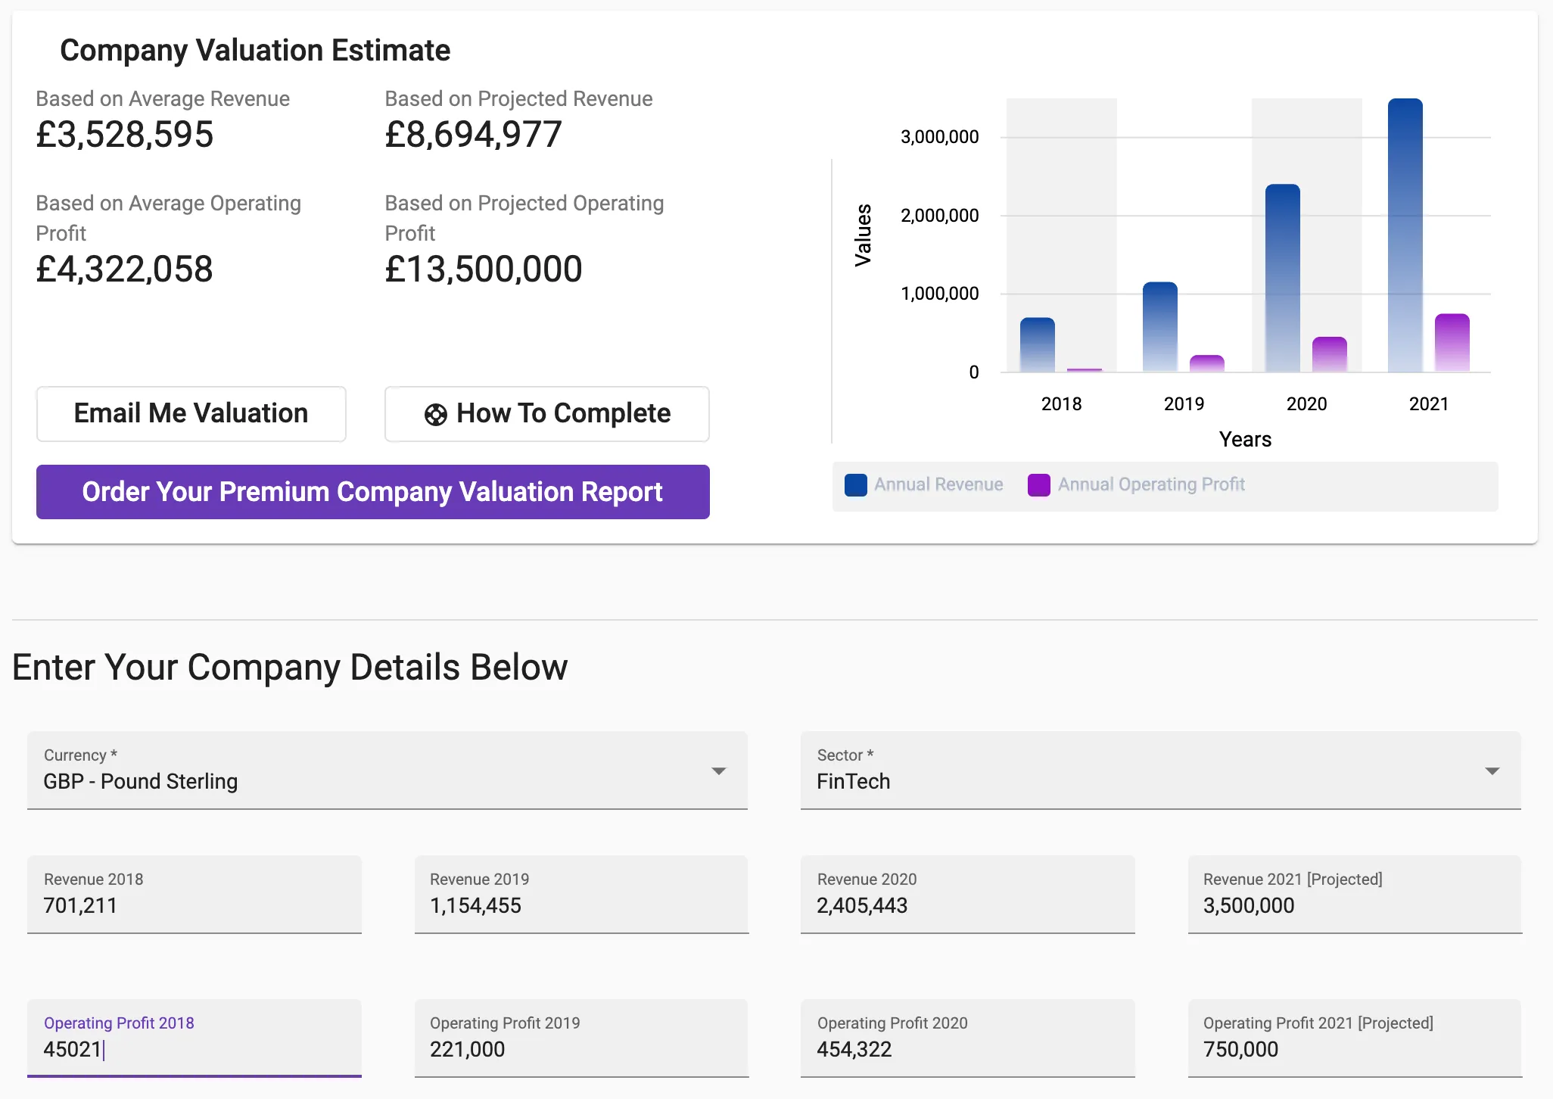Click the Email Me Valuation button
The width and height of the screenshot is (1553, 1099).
point(191,414)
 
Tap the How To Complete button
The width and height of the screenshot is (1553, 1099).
point(546,414)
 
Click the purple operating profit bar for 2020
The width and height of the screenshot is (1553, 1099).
point(1329,354)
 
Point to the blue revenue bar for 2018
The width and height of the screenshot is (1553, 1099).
point(1037,344)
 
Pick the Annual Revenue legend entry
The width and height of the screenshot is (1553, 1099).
point(924,485)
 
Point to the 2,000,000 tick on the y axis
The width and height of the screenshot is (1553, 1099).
point(939,216)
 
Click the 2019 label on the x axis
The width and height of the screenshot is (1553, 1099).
point(1184,404)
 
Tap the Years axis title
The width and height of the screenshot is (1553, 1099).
point(1245,440)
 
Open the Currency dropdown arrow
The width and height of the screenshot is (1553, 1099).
point(718,771)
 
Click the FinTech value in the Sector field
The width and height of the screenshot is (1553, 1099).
point(853,782)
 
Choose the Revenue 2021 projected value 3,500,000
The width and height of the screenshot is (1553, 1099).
point(1249,906)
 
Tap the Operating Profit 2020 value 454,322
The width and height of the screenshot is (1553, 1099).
point(854,1050)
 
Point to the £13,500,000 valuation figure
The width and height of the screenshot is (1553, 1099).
point(483,269)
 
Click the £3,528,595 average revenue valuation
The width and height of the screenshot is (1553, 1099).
point(125,135)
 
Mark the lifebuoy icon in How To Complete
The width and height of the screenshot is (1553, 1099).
point(435,415)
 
